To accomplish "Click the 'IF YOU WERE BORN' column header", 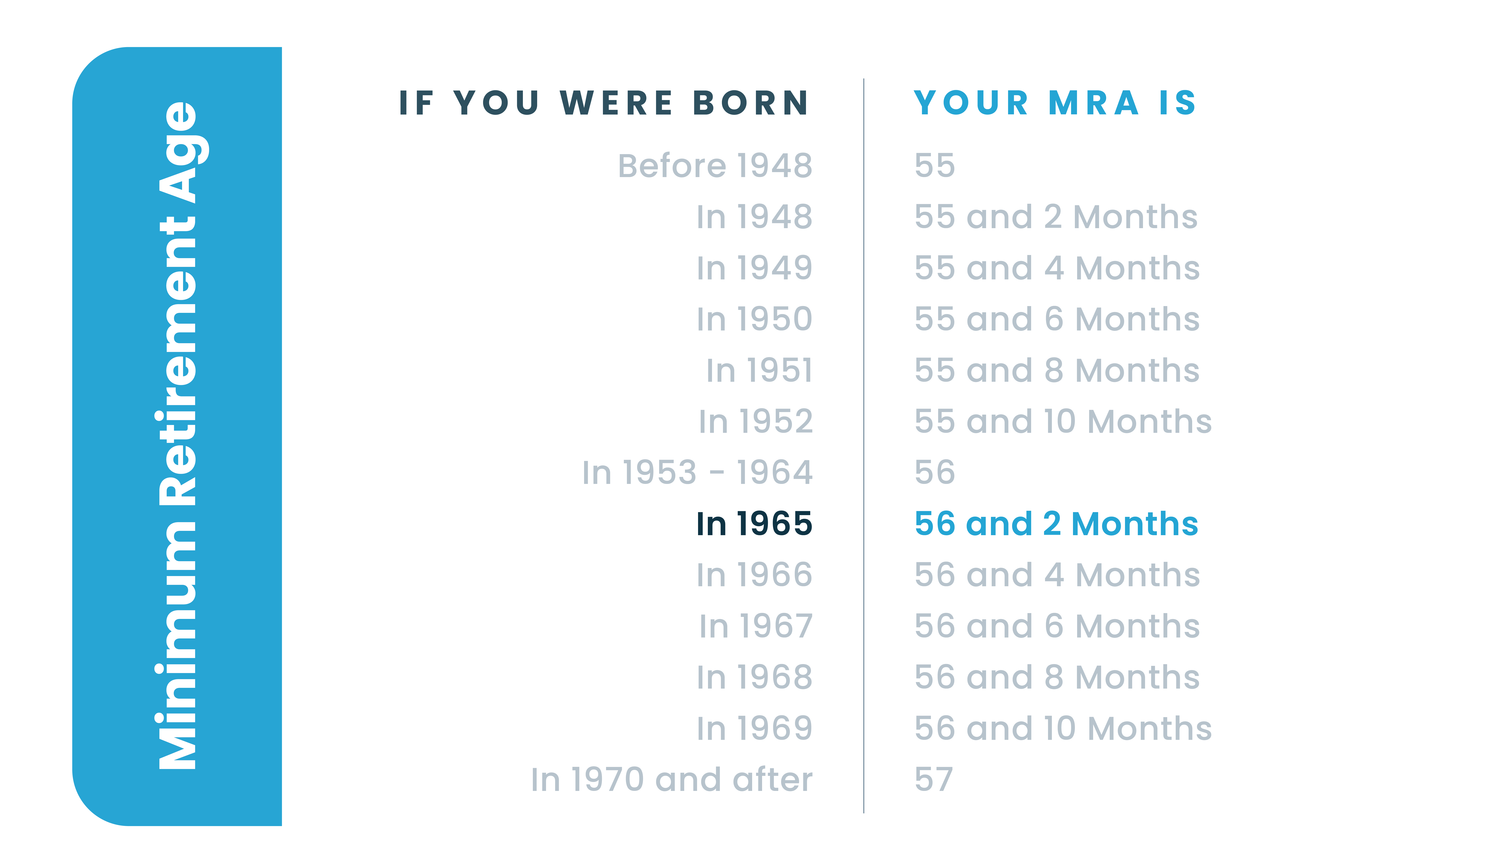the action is (604, 103).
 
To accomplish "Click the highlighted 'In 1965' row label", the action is (755, 524).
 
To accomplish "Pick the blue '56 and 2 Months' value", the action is (1056, 524).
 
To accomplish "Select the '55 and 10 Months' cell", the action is (1063, 422).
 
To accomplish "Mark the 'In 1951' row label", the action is (759, 370).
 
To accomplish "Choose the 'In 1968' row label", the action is (755, 678).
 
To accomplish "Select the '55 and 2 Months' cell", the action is (1056, 217).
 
